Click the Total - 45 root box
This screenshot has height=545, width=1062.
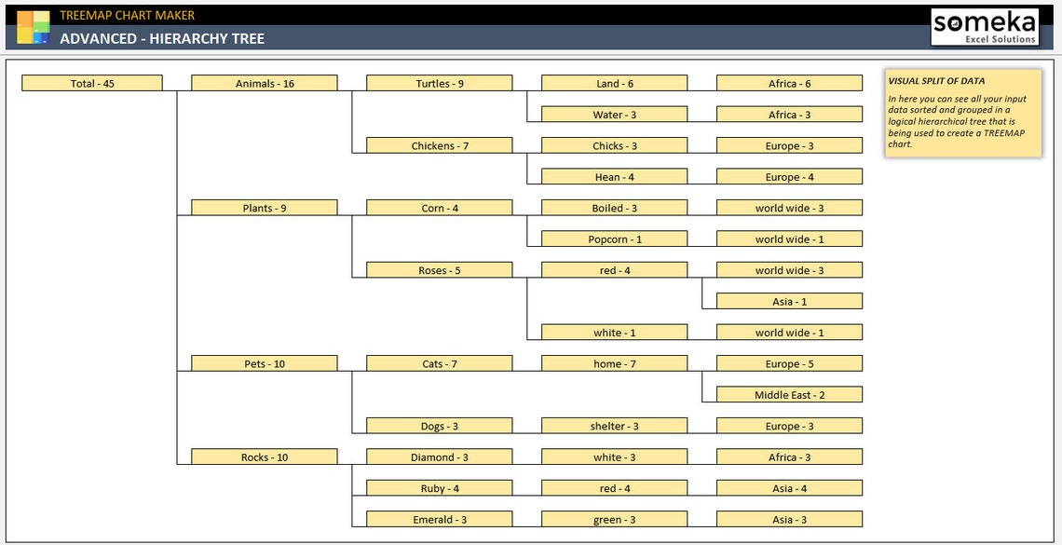pyautogui.click(x=92, y=84)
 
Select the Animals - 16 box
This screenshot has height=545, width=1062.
pyautogui.click(x=265, y=84)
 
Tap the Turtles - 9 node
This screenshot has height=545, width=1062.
pyautogui.click(x=440, y=84)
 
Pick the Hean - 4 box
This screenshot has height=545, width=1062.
pyautogui.click(x=614, y=177)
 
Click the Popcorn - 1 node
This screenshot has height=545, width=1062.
pyautogui.click(x=614, y=239)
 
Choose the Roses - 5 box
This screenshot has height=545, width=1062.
pyautogui.click(x=440, y=271)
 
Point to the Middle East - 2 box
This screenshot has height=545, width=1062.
pyautogui.click(x=789, y=395)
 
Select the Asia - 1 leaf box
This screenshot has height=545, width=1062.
pyautogui.click(x=789, y=302)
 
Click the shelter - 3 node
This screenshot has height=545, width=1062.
pyautogui.click(x=614, y=427)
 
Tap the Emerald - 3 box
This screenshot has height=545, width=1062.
pyautogui.click(x=440, y=520)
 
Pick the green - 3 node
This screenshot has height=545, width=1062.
pyautogui.click(x=614, y=520)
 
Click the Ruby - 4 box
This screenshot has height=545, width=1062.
pyautogui.click(x=440, y=488)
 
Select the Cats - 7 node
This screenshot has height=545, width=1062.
pyautogui.click(x=440, y=364)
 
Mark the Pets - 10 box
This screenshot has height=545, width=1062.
pyautogui.click(x=265, y=364)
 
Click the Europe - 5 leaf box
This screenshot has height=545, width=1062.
pyautogui.click(x=789, y=364)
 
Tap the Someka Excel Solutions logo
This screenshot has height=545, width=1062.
pyautogui.click(x=985, y=27)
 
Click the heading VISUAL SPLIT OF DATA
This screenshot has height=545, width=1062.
pyautogui.click(x=936, y=81)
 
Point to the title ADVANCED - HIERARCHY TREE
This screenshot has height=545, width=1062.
pyautogui.click(x=162, y=39)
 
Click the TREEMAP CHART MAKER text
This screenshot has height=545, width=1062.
pyautogui.click(x=128, y=15)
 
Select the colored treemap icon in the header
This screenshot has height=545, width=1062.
pyautogui.click(x=33, y=27)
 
